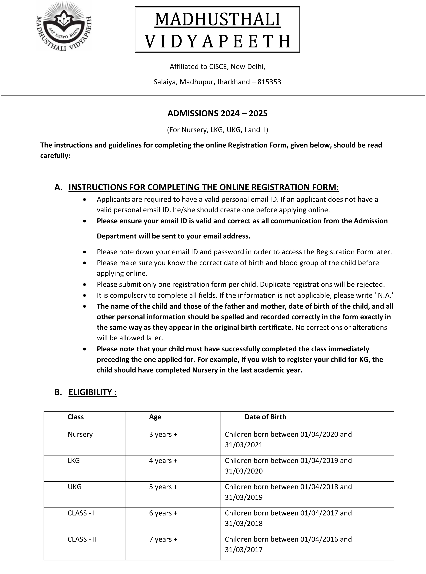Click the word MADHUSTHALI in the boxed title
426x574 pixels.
(x=217, y=20)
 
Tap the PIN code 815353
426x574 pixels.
(x=269, y=82)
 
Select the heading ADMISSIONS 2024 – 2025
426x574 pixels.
(x=217, y=113)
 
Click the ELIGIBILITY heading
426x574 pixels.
(x=93, y=392)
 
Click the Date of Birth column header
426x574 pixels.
(x=265, y=417)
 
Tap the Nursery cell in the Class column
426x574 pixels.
(x=80, y=435)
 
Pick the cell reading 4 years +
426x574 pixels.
(x=163, y=461)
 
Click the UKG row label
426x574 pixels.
(x=75, y=487)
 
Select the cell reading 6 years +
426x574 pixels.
(x=163, y=513)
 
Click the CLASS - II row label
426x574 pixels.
(x=82, y=539)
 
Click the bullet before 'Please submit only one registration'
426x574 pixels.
(x=85, y=285)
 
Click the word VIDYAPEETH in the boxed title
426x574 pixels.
(x=217, y=41)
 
